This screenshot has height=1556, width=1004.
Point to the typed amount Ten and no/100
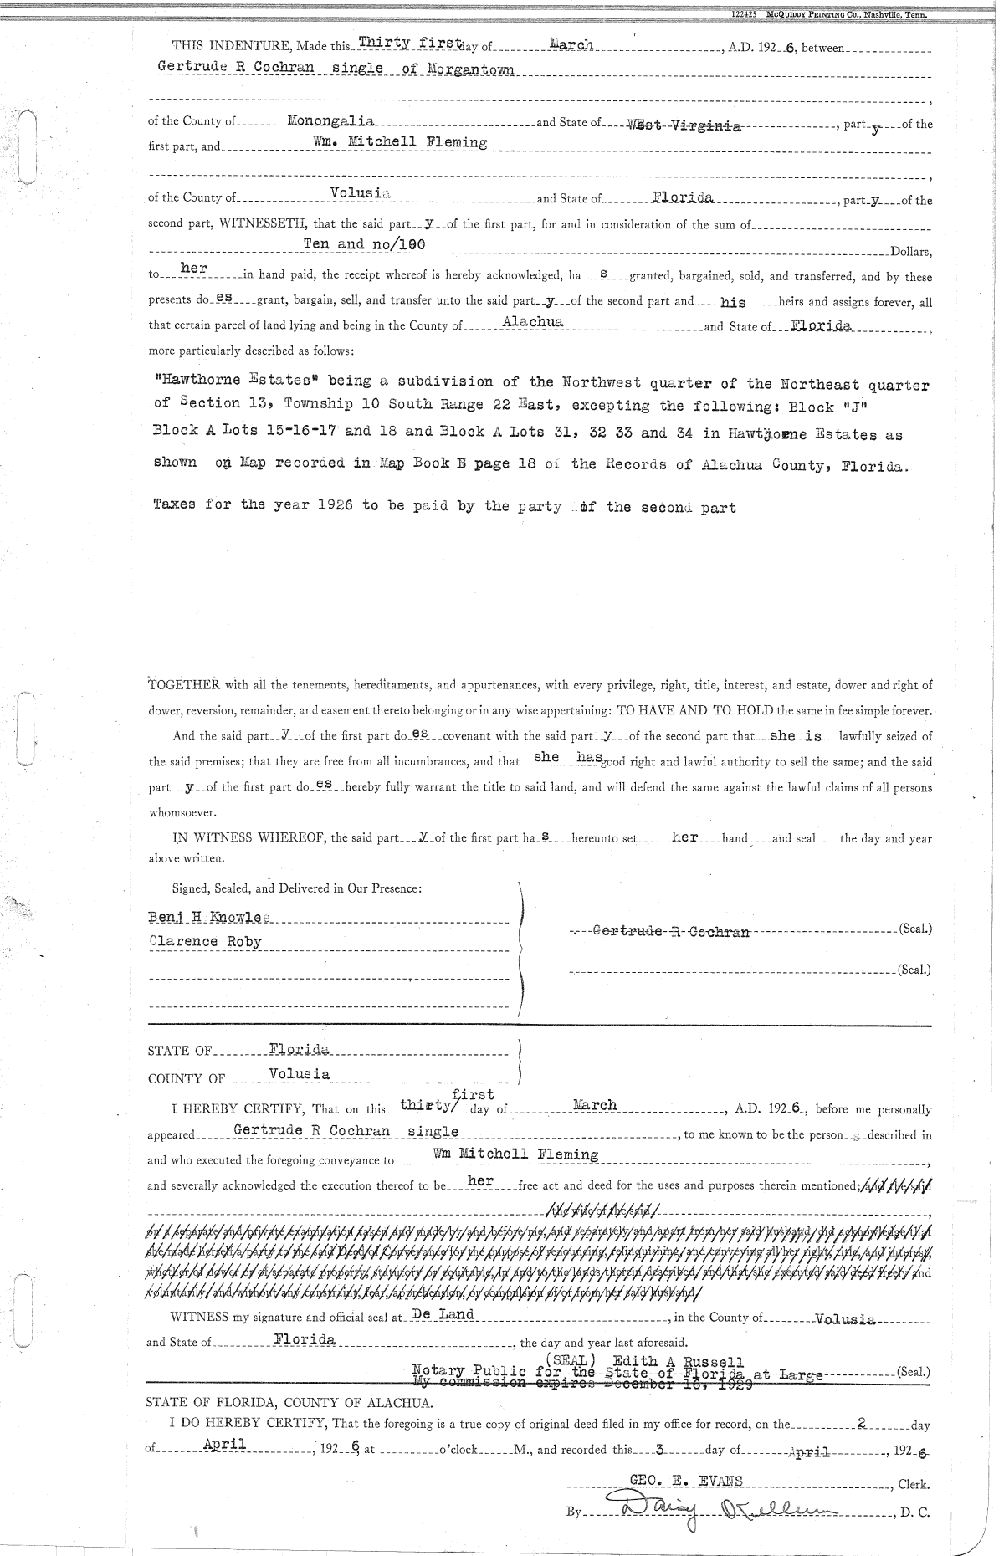click(x=365, y=244)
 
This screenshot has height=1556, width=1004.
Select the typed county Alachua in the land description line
click(x=534, y=321)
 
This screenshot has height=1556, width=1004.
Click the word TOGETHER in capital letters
click(x=184, y=685)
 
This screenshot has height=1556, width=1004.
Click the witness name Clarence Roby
click(x=205, y=941)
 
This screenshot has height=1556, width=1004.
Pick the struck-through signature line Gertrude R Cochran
click(x=670, y=931)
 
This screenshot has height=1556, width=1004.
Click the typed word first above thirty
click(x=473, y=1093)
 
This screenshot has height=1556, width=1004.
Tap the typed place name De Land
click(x=443, y=1314)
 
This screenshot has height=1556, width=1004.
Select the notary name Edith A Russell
click(x=678, y=1361)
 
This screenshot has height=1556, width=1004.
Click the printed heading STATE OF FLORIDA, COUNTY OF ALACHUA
click(x=289, y=1403)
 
